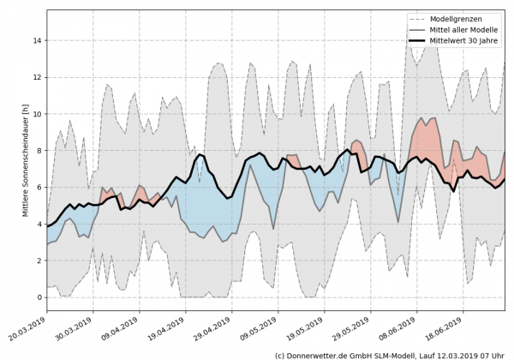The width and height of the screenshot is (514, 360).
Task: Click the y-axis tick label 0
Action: [x=38, y=297]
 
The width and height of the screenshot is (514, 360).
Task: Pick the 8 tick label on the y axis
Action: [x=38, y=151]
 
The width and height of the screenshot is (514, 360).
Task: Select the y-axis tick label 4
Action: [x=38, y=225]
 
